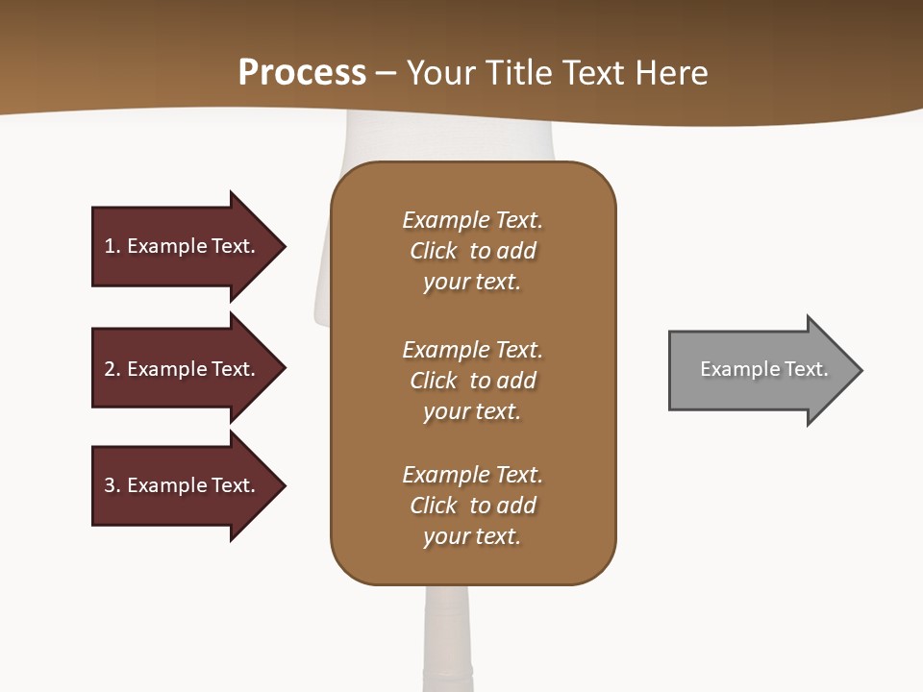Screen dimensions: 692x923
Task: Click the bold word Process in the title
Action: (302, 73)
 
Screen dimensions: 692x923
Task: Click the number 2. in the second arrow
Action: (112, 369)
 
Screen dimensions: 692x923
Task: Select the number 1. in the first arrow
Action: (112, 246)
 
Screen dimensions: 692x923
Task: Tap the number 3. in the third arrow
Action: (112, 485)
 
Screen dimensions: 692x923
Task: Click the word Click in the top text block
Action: (434, 251)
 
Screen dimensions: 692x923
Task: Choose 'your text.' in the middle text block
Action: (472, 411)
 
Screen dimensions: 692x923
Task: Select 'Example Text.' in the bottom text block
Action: (472, 475)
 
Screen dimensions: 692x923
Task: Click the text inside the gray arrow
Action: (764, 369)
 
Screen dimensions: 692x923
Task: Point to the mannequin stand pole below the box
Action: (449, 634)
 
